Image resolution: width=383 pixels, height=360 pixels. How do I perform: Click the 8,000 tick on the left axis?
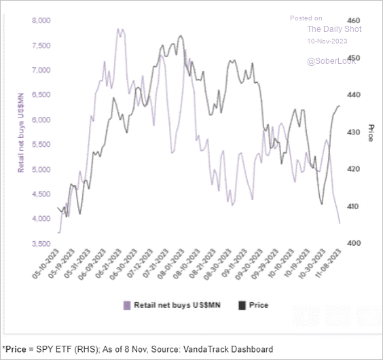point(41,20)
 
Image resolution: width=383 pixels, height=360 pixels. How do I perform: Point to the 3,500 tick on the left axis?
point(41,244)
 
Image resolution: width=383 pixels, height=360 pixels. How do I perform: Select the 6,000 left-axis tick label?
point(41,120)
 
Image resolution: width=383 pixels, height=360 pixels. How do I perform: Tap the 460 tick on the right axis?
point(353,20)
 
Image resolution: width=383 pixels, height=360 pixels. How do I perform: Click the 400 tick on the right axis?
point(353,243)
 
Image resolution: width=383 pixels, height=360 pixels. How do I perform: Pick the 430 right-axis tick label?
point(353,132)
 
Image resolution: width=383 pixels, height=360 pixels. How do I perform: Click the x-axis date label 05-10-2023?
point(46,264)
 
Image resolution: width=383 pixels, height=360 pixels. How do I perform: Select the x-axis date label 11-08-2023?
point(328,264)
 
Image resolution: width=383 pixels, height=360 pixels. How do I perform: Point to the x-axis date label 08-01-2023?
point(171,264)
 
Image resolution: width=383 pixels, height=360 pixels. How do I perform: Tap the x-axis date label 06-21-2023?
point(109,264)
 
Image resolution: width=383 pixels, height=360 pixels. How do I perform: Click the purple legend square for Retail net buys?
point(127,306)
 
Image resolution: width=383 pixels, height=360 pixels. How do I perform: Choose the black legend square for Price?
point(242,306)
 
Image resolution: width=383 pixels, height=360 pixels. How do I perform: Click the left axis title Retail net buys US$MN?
point(21,132)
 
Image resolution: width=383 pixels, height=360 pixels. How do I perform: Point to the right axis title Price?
point(371,133)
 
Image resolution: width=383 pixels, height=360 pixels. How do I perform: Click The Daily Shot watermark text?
point(334,29)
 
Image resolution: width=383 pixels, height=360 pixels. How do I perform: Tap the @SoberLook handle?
point(331,61)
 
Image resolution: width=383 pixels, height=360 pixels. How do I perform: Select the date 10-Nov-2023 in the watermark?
point(327,41)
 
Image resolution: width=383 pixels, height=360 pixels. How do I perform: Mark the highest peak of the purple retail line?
point(118,29)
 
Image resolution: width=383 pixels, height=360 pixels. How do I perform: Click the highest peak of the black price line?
point(181,36)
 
